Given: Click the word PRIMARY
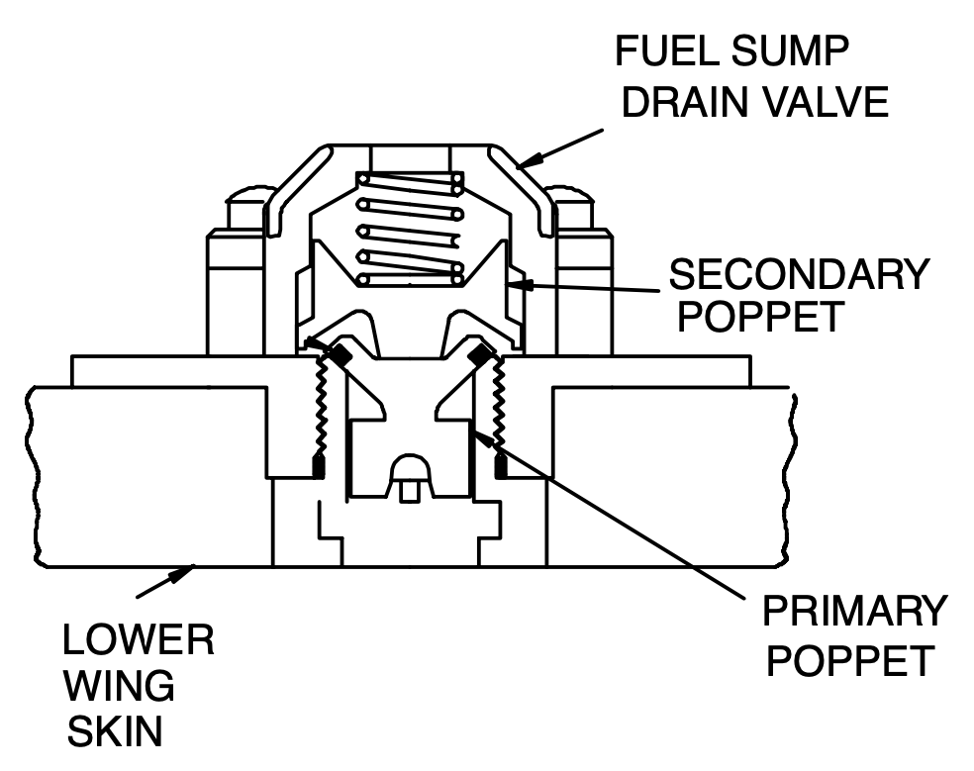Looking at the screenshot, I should click(853, 613).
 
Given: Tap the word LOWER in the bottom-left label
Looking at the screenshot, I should click(139, 640).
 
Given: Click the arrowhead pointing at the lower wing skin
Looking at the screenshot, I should click(185, 571).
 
